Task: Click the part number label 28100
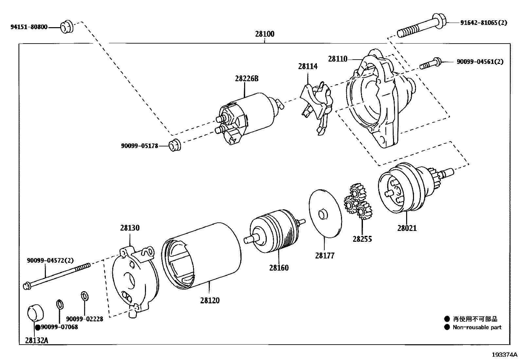coord(264,34)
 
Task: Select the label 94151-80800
coord(29,27)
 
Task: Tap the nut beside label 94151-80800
coord(67,27)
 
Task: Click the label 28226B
coord(246,79)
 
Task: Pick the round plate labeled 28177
coord(325,213)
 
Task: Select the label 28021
coord(407,228)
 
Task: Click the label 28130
coord(130,228)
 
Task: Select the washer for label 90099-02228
coord(84,296)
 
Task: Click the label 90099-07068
coord(59,327)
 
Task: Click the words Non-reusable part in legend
coord(477,327)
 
